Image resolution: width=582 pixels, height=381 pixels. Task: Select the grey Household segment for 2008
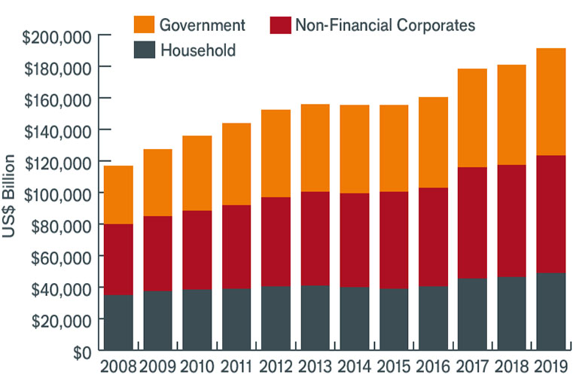118,322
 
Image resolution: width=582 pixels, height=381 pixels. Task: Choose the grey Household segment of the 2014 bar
354,319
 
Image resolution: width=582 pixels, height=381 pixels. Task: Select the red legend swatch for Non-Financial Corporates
279,24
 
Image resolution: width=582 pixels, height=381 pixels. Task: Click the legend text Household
198,50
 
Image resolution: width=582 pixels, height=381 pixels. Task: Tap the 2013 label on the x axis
315,368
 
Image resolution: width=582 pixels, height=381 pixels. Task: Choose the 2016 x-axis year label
432,368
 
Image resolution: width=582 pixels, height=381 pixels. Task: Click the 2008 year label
117,368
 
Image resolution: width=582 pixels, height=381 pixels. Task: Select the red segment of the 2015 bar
393,240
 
